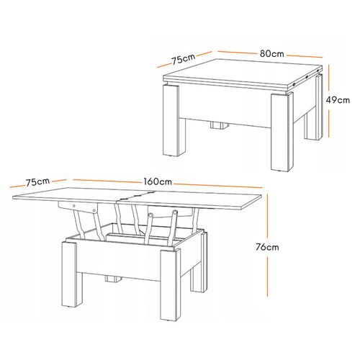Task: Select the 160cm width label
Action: coord(158,181)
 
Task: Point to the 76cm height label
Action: coord(268,247)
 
